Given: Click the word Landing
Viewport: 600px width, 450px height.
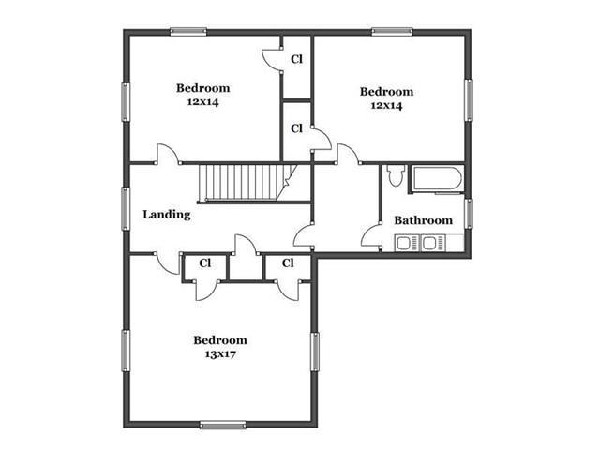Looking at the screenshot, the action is point(167,215).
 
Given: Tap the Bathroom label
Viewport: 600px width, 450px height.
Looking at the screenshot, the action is point(423,220).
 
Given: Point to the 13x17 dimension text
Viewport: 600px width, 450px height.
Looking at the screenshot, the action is point(220,354).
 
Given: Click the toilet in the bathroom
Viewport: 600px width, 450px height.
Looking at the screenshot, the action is point(396,175).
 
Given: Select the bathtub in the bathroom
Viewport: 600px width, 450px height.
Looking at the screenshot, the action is point(437,178).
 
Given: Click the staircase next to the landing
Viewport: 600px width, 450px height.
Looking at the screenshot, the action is point(247,183).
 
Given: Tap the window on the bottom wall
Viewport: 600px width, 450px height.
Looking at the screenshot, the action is point(223,425).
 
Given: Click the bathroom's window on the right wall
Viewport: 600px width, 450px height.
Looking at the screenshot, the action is point(469,214).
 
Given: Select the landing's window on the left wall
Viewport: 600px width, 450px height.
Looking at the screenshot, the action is point(125,208).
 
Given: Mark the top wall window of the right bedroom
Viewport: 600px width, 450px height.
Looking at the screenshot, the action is point(392,32).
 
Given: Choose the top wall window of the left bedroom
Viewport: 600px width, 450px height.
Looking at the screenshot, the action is point(188,32).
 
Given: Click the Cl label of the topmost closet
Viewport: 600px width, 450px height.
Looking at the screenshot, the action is point(296,59).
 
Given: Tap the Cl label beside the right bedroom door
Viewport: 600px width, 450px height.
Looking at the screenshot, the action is point(296,128).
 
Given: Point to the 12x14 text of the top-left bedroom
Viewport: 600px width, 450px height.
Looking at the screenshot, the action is point(202,102).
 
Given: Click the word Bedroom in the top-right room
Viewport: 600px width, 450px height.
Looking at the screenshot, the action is point(386,92).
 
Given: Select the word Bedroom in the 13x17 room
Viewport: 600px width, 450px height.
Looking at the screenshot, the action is point(220,340).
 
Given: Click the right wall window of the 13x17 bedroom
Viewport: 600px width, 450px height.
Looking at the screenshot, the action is point(315,352).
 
